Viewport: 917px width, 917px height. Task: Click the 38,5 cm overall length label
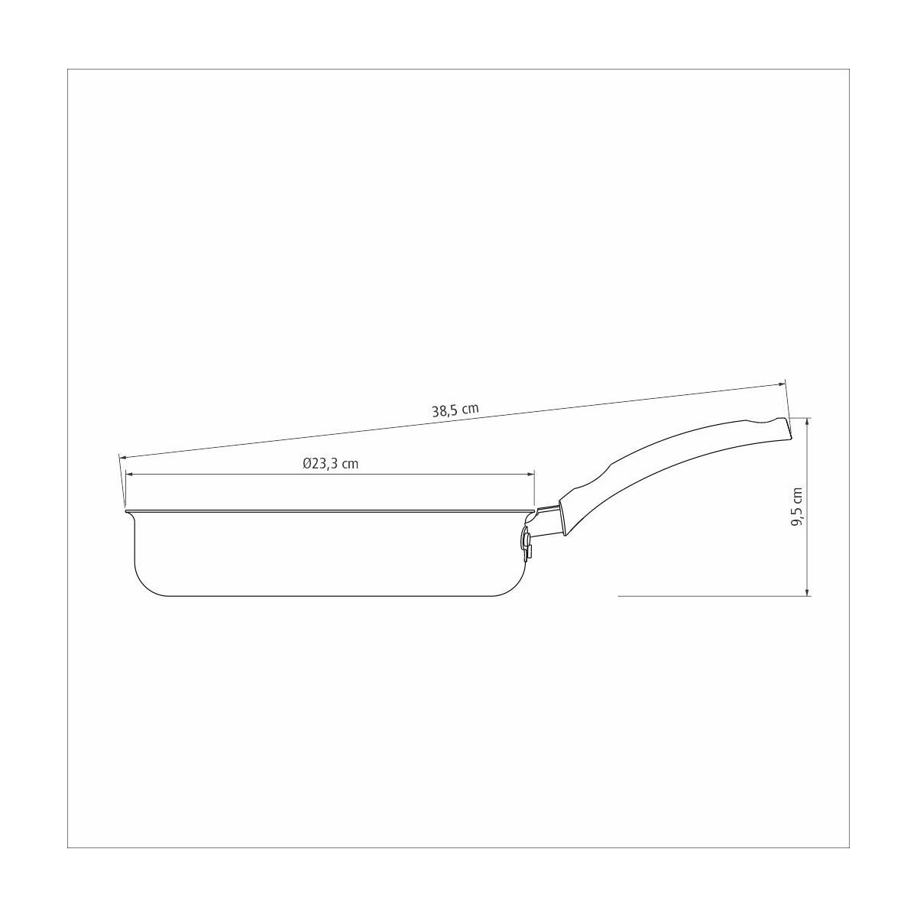pos(455,410)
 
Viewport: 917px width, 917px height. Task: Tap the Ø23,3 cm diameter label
pos(330,463)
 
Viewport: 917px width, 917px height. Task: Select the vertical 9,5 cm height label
pos(796,507)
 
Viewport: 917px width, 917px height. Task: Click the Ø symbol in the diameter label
pos(307,464)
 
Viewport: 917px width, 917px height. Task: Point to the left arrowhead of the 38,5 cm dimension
pos(122,457)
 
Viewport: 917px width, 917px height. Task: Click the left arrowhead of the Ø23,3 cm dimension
pos(129,475)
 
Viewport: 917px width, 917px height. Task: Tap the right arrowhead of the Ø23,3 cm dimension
pos(531,475)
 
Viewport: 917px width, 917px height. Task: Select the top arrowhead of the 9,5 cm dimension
pos(807,422)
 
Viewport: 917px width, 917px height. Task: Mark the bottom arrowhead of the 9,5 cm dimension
pos(807,591)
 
